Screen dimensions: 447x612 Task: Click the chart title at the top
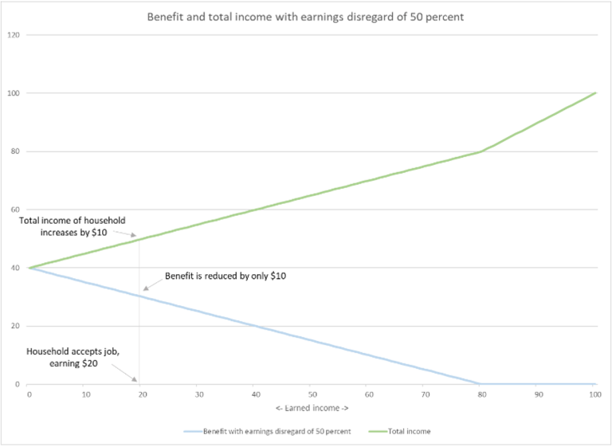[305, 17]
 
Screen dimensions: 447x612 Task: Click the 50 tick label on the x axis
[312, 394]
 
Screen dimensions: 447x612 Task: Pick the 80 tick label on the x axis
[481, 394]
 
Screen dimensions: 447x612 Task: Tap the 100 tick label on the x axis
[594, 394]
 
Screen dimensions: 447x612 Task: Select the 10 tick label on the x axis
[85, 394]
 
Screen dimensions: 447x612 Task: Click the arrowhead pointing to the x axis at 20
[136, 380]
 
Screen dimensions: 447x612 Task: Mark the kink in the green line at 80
[481, 151]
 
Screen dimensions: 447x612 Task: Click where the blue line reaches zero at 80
[481, 384]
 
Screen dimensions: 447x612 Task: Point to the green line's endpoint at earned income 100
[594, 93]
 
